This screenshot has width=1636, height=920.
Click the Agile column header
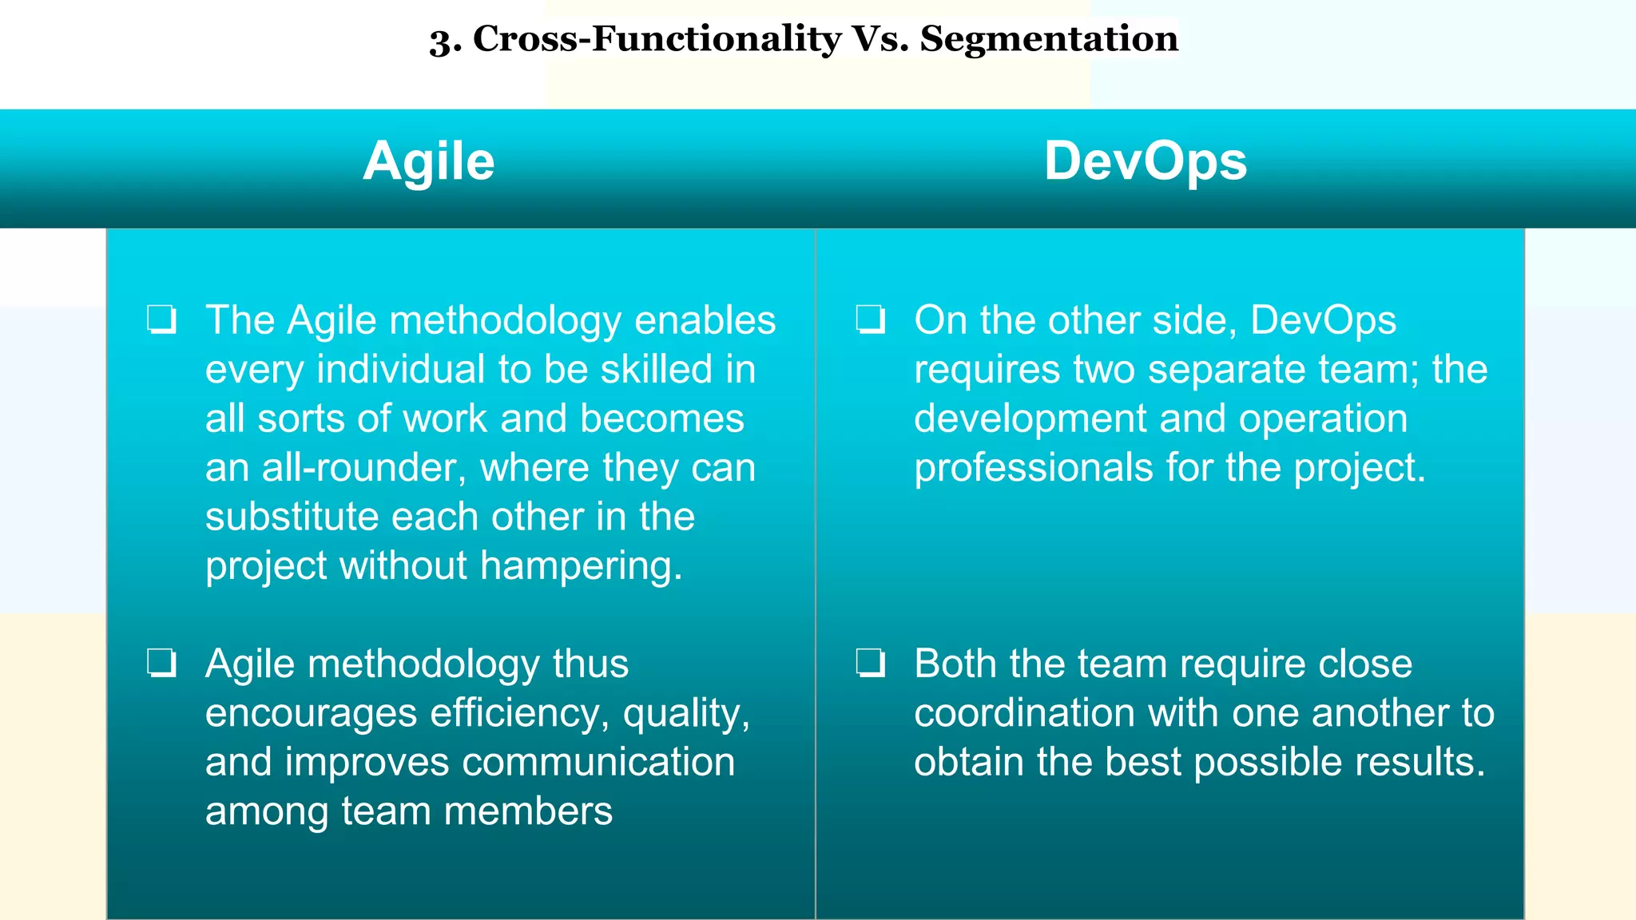coord(429,162)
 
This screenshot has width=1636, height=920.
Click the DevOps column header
coord(1145,162)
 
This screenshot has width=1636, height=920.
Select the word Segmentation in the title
coord(1049,39)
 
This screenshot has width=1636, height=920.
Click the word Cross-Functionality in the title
coord(657,39)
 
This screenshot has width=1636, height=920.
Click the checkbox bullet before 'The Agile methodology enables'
coord(162,320)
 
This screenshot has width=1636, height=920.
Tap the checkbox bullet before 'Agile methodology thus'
coord(162,664)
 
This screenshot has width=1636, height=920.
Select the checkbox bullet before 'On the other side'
coord(871,320)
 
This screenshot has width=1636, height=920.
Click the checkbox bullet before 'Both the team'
coord(871,664)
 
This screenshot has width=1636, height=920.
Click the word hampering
coord(581,566)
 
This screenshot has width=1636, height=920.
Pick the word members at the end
coord(528,812)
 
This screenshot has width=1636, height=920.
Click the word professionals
coord(1033,468)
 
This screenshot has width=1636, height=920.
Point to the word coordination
coord(1024,713)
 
